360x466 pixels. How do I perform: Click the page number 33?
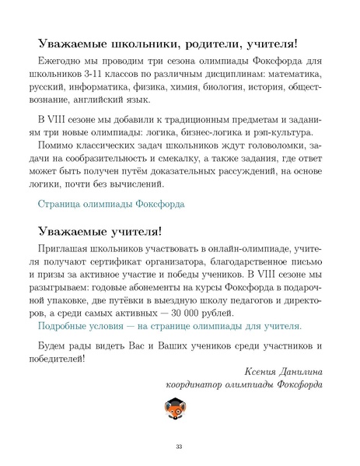[x=179, y=446]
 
